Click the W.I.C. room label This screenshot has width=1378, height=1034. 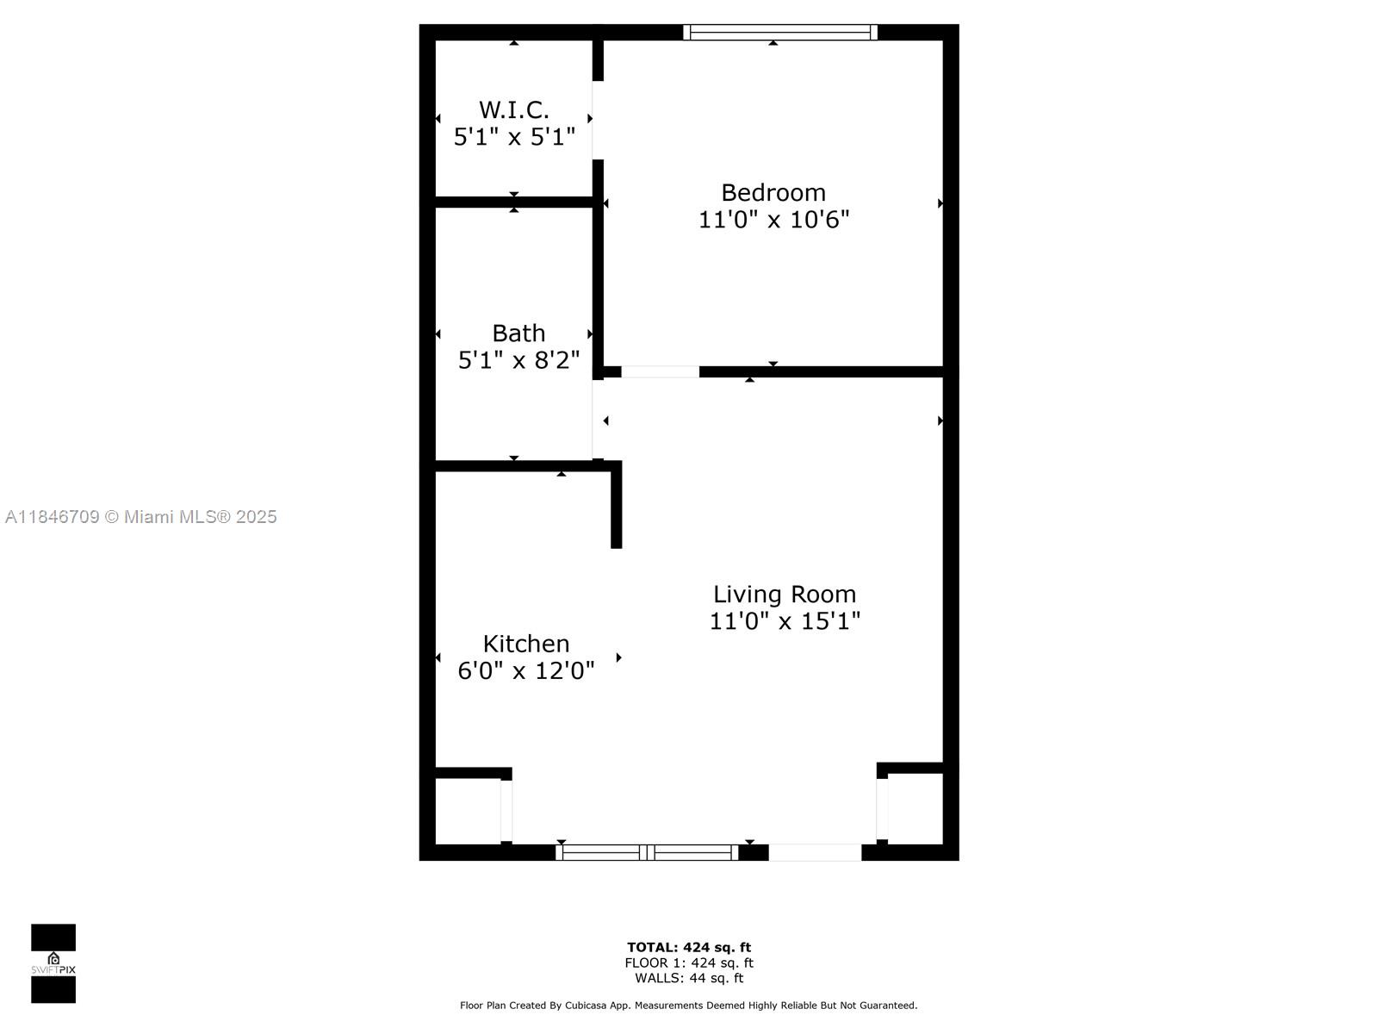[x=513, y=110]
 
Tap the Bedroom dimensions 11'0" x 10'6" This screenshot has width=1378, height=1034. [x=773, y=220]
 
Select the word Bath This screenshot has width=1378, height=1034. [x=518, y=333]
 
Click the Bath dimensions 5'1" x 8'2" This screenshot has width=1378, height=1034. [x=518, y=360]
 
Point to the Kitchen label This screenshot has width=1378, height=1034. [x=525, y=644]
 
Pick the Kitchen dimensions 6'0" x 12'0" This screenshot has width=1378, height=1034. [x=525, y=670]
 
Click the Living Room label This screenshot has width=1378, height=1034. [x=784, y=594]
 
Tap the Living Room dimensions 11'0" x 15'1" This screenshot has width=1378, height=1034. [x=784, y=621]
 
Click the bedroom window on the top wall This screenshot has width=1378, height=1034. [x=780, y=33]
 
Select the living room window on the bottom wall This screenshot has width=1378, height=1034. [x=648, y=852]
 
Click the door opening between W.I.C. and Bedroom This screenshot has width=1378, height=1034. [x=597, y=120]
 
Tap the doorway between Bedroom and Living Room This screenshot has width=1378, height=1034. [x=660, y=372]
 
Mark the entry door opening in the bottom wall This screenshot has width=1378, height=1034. [x=815, y=852]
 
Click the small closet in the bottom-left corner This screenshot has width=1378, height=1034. [x=468, y=811]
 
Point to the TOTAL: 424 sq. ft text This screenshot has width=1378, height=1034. [x=689, y=948]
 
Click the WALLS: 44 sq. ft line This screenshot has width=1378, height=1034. [x=689, y=978]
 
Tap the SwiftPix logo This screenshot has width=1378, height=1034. [x=53, y=963]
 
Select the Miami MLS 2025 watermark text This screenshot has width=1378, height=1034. [x=141, y=517]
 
